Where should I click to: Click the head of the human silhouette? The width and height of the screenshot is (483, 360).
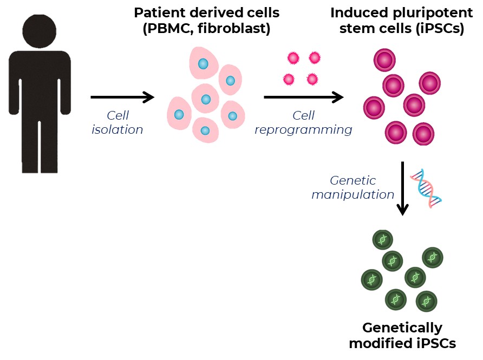(40, 31)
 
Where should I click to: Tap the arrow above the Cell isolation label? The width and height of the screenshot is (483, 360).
(122, 97)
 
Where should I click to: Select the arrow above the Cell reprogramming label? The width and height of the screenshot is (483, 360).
(304, 97)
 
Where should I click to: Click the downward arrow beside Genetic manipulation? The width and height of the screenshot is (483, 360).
(402, 188)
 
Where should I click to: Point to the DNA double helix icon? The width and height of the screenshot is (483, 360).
(426, 188)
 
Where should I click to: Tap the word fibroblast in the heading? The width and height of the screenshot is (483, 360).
(233, 29)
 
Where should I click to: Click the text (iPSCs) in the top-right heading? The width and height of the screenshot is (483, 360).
(439, 29)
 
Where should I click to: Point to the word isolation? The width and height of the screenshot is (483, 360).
(118, 129)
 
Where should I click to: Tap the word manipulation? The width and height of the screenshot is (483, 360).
(353, 195)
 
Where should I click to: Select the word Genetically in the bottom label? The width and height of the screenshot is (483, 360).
(402, 328)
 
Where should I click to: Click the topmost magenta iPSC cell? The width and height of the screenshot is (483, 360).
(384, 60)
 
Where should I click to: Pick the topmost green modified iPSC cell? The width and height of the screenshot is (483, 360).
(383, 240)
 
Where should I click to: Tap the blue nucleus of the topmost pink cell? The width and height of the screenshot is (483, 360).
(203, 64)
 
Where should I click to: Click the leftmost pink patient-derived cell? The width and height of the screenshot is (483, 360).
(179, 114)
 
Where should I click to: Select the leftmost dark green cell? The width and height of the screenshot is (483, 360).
(372, 280)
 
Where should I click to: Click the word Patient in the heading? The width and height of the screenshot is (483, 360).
(160, 13)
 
